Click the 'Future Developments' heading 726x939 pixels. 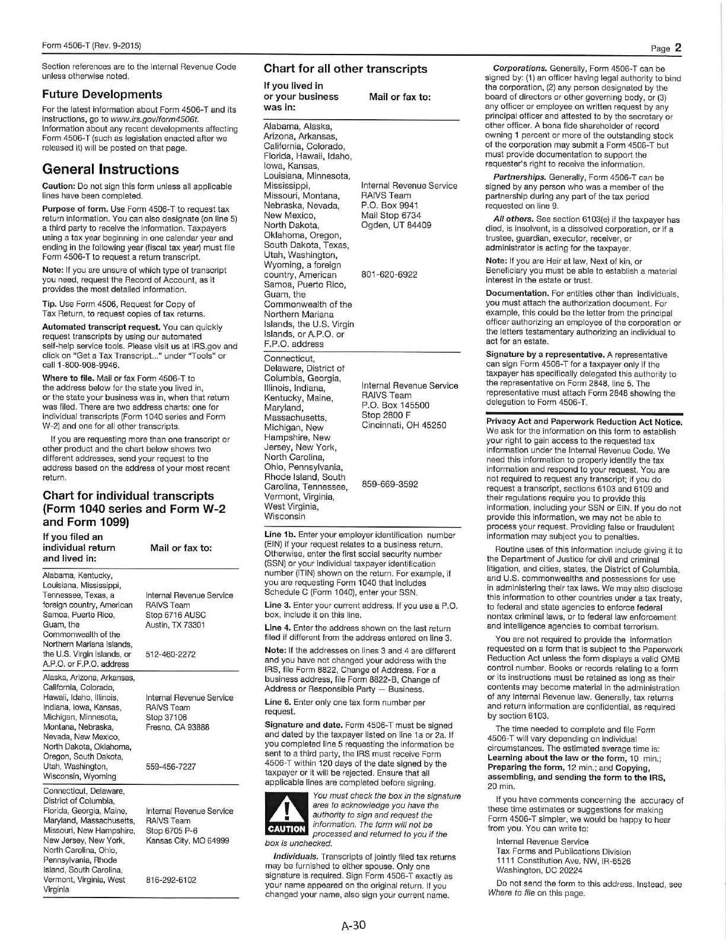102,94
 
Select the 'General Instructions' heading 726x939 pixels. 110,170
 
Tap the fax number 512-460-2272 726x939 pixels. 171,654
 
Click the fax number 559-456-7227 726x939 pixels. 171,766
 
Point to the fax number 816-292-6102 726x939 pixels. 171,880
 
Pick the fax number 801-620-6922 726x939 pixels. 389,274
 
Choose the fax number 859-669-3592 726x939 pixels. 390,484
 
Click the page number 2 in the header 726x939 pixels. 677,48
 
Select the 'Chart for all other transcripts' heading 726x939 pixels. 345,69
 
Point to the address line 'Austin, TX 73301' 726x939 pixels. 176,625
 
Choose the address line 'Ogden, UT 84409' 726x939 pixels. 396,225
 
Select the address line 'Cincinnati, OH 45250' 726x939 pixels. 404,425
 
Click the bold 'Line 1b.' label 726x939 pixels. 277,535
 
